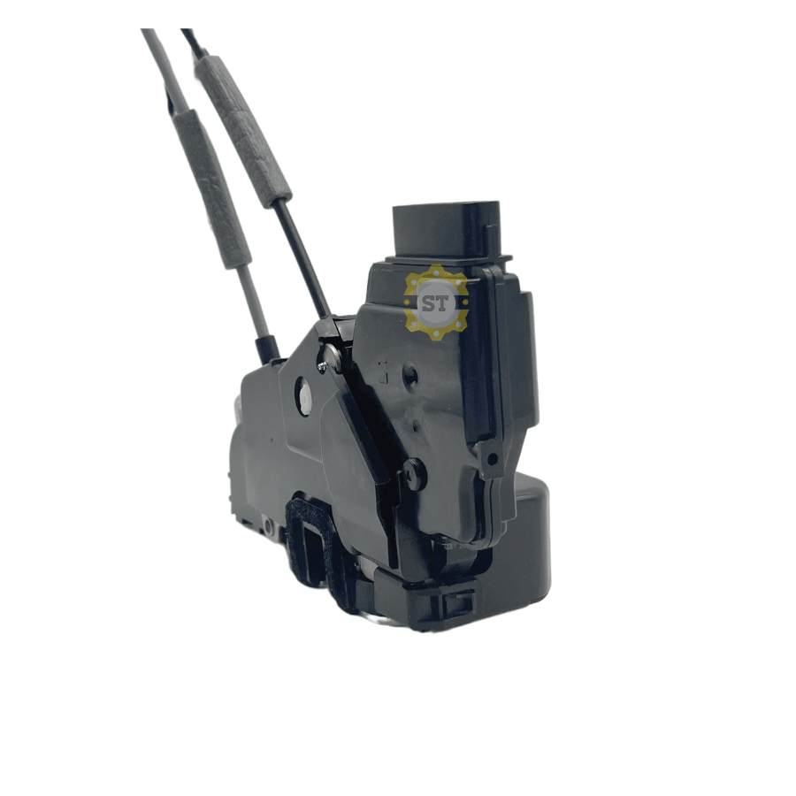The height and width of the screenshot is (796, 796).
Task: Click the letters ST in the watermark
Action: pyautogui.click(x=435, y=303)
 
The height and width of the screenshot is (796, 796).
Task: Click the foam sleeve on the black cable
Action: pyautogui.click(x=245, y=131)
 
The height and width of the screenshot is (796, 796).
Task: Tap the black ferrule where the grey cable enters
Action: pyautogui.click(x=267, y=349)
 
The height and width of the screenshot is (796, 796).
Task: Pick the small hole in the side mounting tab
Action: pyautogui.click(x=492, y=459)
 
